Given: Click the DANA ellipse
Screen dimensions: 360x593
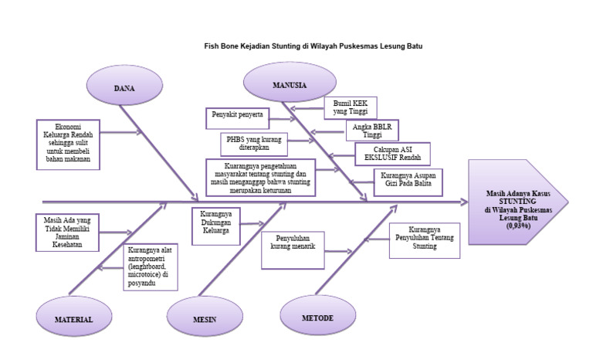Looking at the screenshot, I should (x=124, y=88).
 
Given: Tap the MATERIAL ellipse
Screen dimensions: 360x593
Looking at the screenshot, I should (x=73, y=318).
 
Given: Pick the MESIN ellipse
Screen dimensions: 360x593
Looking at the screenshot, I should (x=204, y=318).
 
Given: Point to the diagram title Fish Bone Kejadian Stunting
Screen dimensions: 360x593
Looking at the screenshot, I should (x=313, y=46).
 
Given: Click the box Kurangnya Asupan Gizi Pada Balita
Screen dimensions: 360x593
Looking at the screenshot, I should (x=405, y=180).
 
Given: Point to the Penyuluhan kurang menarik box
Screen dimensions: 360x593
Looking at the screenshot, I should (x=292, y=249).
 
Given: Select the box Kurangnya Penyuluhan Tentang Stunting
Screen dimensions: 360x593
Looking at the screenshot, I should (x=425, y=239).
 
